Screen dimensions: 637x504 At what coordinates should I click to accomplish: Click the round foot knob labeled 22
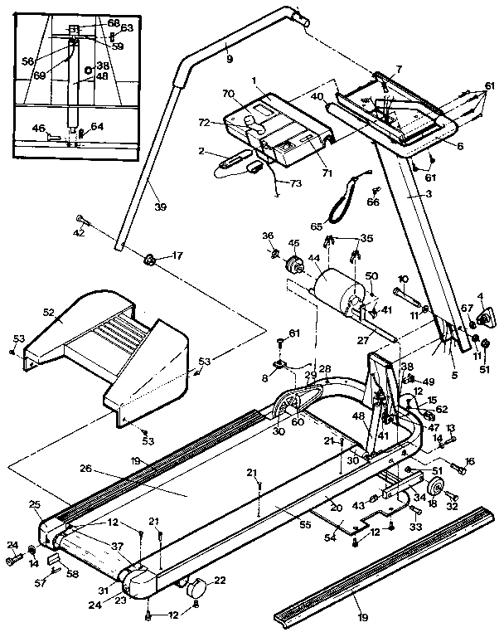[x=196, y=588]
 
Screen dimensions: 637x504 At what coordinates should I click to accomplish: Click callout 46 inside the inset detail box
[x=38, y=129]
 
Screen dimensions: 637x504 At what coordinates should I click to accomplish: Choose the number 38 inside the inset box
[x=103, y=66]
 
